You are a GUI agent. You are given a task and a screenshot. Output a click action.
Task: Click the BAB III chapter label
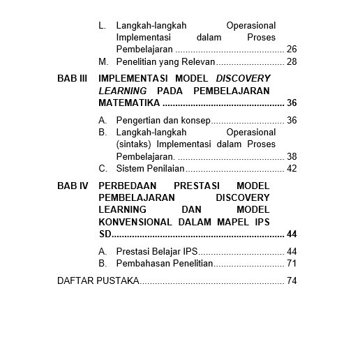(72, 79)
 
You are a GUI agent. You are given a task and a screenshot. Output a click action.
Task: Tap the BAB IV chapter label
(72, 186)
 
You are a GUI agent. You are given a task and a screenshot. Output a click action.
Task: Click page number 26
(292, 50)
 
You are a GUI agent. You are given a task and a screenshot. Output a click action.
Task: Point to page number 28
(292, 62)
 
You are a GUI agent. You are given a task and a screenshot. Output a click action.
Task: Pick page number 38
(292, 156)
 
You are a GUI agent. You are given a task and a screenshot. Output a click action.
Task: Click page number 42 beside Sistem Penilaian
(292, 168)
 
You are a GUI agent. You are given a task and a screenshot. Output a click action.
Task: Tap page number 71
(292, 263)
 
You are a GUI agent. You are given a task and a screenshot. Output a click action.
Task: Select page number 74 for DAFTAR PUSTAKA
(292, 281)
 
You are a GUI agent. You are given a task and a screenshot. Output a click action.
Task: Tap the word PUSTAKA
(120, 281)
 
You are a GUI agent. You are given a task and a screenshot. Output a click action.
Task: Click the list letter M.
(103, 62)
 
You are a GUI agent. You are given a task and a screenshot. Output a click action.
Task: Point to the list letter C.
(102, 168)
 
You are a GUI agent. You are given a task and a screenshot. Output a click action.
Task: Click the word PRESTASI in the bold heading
(197, 186)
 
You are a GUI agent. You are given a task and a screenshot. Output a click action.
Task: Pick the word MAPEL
(231, 222)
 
